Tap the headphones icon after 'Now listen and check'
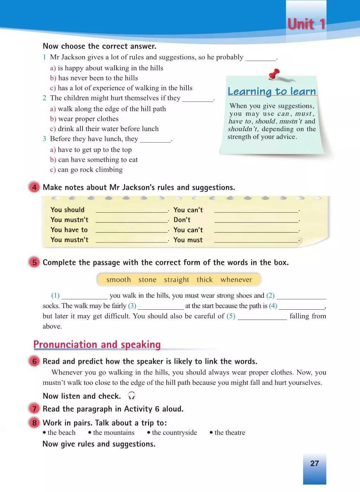pos(132,396)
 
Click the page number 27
pos(314,463)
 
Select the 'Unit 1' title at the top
pos(306,24)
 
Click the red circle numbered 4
pos(34,187)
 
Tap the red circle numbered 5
pos(34,263)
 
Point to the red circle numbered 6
pos(34,361)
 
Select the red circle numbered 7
pos(34,409)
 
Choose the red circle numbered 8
pos(34,422)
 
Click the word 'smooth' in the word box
pos(118,280)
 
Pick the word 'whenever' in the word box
pos(236,280)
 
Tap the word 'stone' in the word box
pos(147,280)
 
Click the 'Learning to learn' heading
pos(272,91)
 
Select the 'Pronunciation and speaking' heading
pos(97,344)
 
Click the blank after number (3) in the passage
pos(161,307)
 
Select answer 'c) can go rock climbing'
pos(86,169)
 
